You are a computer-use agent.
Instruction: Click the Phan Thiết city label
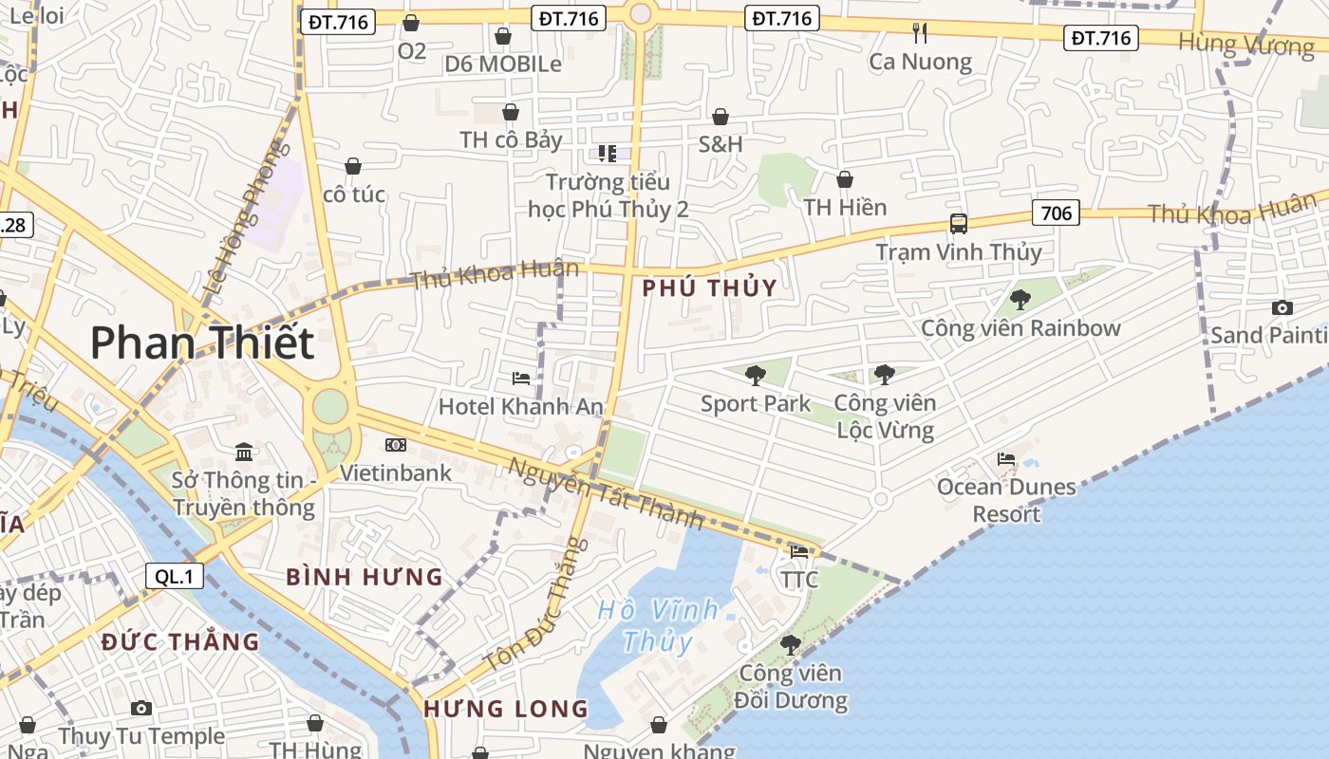[201, 342]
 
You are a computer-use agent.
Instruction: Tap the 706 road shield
[1057, 213]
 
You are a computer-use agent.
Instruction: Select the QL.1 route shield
[175, 576]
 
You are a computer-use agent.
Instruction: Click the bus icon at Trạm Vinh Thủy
[959, 224]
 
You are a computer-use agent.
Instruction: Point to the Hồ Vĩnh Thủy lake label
[658, 625]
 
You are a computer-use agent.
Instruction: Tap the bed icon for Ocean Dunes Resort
[1006, 459]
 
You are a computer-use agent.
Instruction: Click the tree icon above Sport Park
[755, 376]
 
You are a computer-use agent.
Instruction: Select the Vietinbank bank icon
[396, 444]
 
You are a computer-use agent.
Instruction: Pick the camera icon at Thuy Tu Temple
[141, 708]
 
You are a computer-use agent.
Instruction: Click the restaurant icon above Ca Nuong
[919, 33]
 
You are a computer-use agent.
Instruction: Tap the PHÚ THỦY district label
[709, 288]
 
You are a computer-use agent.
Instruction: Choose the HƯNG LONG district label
[506, 709]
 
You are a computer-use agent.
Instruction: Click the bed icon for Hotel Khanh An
[520, 379]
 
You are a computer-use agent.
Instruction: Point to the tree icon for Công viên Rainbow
[1020, 300]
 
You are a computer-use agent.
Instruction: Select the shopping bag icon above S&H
[721, 117]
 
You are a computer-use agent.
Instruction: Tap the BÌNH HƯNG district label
[365, 577]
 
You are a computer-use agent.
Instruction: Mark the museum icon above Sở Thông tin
[244, 451]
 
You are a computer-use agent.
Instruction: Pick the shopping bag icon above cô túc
[353, 166]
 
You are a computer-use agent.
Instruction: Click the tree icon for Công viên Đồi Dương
[790, 645]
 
